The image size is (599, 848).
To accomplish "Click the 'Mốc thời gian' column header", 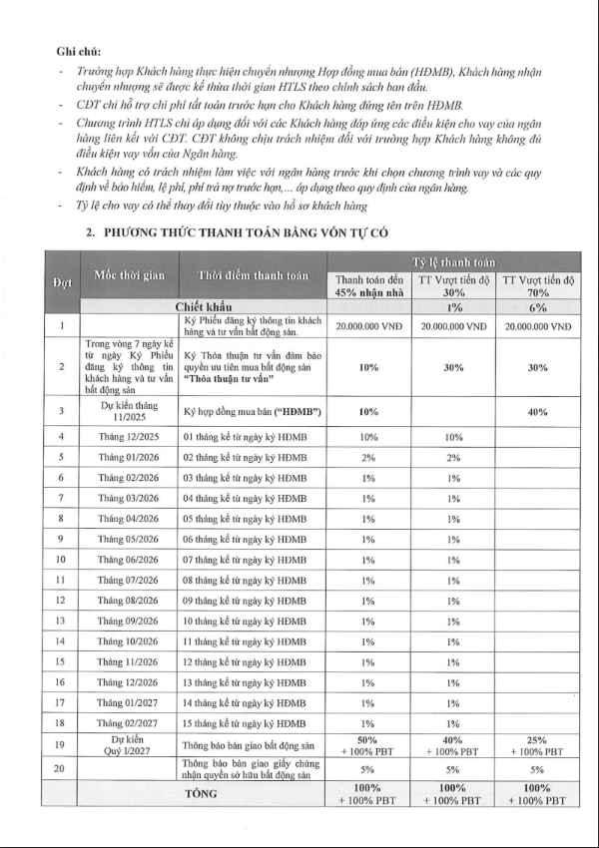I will coord(129,275).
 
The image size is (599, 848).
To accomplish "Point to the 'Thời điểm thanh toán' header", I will coord(254,275).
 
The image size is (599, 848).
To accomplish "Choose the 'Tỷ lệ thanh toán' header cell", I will coord(454,260).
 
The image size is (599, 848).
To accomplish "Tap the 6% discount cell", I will coord(538,307).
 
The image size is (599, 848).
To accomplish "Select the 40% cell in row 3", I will coord(538,411).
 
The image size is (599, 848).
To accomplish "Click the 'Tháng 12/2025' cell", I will coord(129,437).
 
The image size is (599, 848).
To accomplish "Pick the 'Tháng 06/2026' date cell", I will coord(129,559).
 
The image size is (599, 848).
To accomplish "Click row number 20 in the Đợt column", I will coord(62,769).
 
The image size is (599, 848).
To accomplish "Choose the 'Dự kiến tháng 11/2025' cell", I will coord(129,411).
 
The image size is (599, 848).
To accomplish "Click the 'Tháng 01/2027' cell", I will coord(129,702).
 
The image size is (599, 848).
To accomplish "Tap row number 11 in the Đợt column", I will coord(62,580).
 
